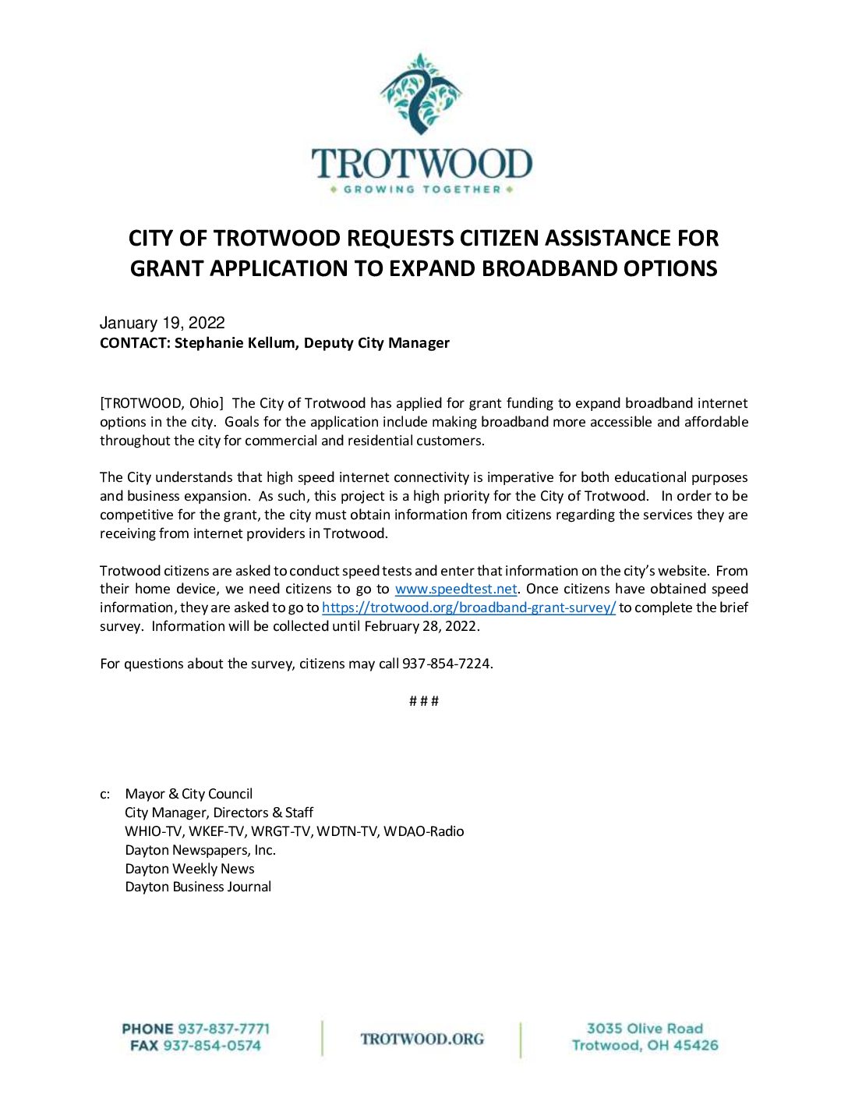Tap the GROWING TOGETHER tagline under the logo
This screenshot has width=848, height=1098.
coord(422,189)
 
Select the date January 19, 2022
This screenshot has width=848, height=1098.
coord(162,323)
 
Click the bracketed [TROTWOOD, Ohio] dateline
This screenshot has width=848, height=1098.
coord(161,403)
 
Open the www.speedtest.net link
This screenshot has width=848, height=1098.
coord(456,589)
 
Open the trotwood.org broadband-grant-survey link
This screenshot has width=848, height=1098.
coord(468,607)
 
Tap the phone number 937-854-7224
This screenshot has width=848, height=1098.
coord(447,664)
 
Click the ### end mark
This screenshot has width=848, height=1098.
coord(424,701)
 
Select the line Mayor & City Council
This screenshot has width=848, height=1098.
coord(189,794)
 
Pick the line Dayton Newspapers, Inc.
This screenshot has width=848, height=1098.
coord(200,850)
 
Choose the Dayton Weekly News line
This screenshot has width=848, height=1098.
coord(189,869)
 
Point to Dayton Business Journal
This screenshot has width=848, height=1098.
coord(198,887)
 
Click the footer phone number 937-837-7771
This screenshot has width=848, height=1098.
coord(224,1029)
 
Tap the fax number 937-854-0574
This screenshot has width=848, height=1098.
coord(212,1046)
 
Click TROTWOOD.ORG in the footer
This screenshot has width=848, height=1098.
coord(422,1039)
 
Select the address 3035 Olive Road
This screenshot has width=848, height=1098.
coord(645,1029)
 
